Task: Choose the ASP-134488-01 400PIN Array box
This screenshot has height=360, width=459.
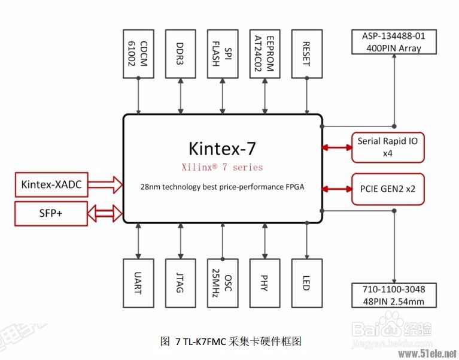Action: point(394,43)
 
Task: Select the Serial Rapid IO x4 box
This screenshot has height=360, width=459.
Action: point(388,147)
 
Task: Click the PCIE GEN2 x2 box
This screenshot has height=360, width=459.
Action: point(388,189)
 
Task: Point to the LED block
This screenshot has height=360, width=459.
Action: point(306,284)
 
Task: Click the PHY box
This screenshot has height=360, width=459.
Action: point(265,284)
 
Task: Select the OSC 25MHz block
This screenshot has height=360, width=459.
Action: point(222,284)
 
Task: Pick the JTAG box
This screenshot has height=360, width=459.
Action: point(180,284)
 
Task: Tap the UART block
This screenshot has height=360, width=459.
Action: point(138,284)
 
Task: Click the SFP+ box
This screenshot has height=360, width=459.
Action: point(51,213)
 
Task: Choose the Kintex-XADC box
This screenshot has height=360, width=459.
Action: point(51,184)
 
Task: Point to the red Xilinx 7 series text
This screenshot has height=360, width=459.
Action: point(223,167)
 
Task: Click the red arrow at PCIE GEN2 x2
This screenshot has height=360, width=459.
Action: point(337,189)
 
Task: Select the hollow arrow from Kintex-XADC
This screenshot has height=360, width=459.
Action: point(105,184)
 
